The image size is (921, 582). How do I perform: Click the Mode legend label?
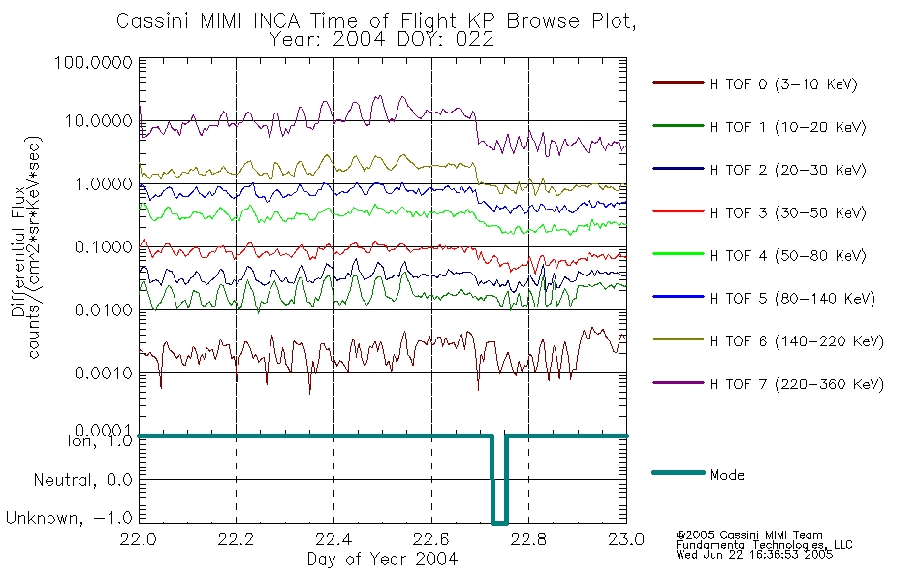tap(726, 475)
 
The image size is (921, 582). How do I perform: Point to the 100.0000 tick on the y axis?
tap(93, 62)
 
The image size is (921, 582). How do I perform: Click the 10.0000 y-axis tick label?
tap(99, 121)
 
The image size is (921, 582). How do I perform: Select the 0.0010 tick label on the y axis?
tap(104, 373)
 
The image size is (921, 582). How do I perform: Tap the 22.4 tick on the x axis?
tap(333, 539)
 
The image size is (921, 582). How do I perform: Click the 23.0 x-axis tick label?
tap(626, 539)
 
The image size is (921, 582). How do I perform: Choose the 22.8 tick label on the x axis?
tap(528, 539)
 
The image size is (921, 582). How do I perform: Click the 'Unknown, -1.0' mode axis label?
tap(69, 518)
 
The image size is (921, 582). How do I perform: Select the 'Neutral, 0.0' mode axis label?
tap(83, 480)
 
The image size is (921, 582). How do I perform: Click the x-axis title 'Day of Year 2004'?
tap(382, 559)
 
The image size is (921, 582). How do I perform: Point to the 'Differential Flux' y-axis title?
tap(17, 251)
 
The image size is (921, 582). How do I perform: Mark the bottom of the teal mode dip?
tap(499, 522)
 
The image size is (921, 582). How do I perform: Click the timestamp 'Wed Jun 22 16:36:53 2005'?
tap(754, 555)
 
